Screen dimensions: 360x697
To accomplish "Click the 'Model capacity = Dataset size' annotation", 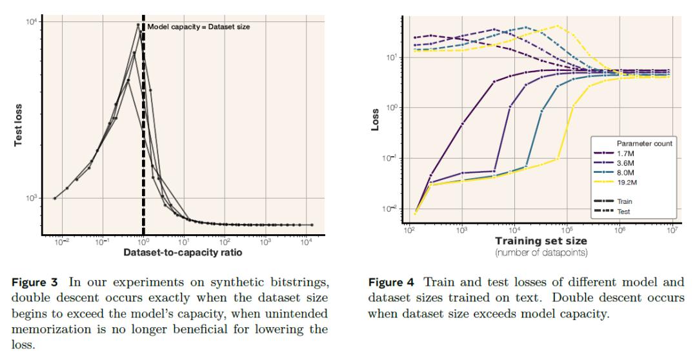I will [x=197, y=26].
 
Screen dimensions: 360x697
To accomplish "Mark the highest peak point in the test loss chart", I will [x=138, y=25].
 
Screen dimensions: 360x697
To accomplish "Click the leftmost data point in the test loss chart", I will [x=55, y=198].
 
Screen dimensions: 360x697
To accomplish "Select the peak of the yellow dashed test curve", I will [x=557, y=26].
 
